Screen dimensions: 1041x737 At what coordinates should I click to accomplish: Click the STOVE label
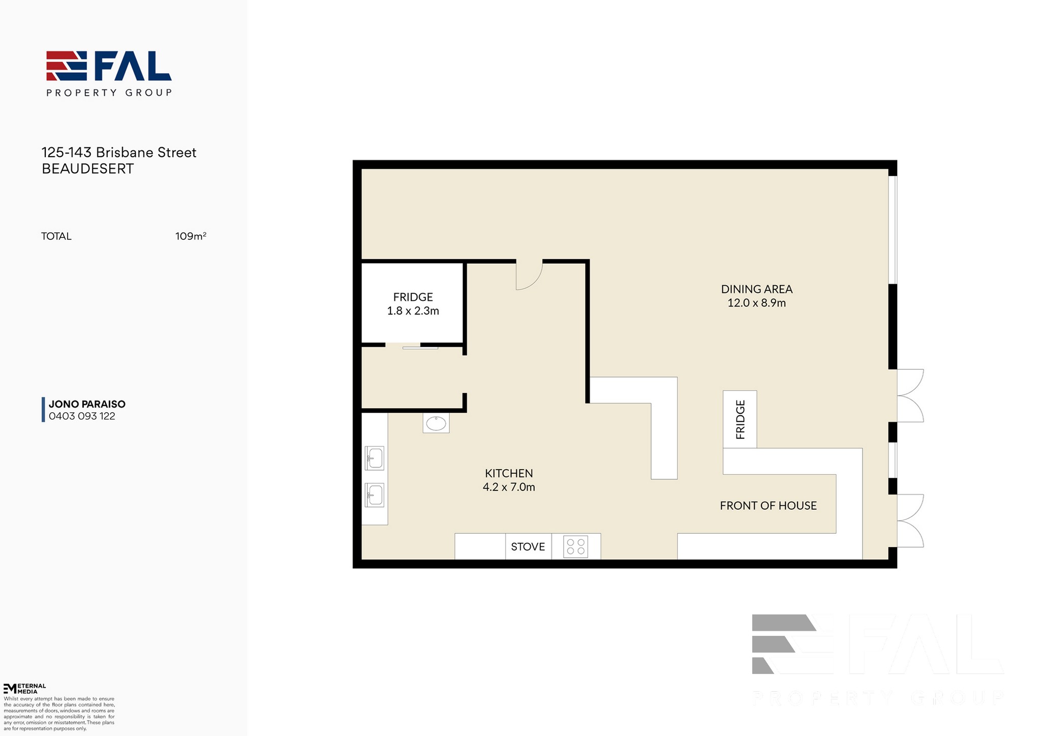coord(528,547)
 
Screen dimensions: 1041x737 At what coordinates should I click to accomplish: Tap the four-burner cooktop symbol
coord(576,547)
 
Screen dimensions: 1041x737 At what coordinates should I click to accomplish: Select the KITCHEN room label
coord(509,473)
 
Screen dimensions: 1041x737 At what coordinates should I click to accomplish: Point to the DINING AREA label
coord(756,289)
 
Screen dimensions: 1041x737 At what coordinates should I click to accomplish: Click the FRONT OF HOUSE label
coord(768,506)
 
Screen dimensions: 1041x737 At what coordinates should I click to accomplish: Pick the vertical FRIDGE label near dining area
coord(740,419)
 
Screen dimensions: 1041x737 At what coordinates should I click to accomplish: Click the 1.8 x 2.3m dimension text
coord(413,311)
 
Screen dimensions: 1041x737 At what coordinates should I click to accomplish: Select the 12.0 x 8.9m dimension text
coord(756,303)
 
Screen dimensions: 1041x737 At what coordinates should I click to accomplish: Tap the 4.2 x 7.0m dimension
coord(509,487)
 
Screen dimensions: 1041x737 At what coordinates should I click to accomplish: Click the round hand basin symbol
coord(436,423)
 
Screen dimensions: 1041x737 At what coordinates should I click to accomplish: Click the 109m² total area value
coord(191,236)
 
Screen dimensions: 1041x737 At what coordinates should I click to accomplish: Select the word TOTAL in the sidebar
coord(56,236)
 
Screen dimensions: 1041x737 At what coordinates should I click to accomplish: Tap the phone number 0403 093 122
coord(82,416)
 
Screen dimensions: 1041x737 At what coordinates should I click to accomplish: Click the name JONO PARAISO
coord(87,404)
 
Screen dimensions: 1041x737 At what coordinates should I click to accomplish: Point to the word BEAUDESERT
coord(87,169)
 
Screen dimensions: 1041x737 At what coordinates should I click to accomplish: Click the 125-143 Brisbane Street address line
coord(119,152)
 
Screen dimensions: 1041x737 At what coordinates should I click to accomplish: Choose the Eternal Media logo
coord(24,689)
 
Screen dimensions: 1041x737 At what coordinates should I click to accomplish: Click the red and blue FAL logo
coord(109,73)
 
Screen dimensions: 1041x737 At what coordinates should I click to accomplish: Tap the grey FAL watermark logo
coord(878,659)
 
